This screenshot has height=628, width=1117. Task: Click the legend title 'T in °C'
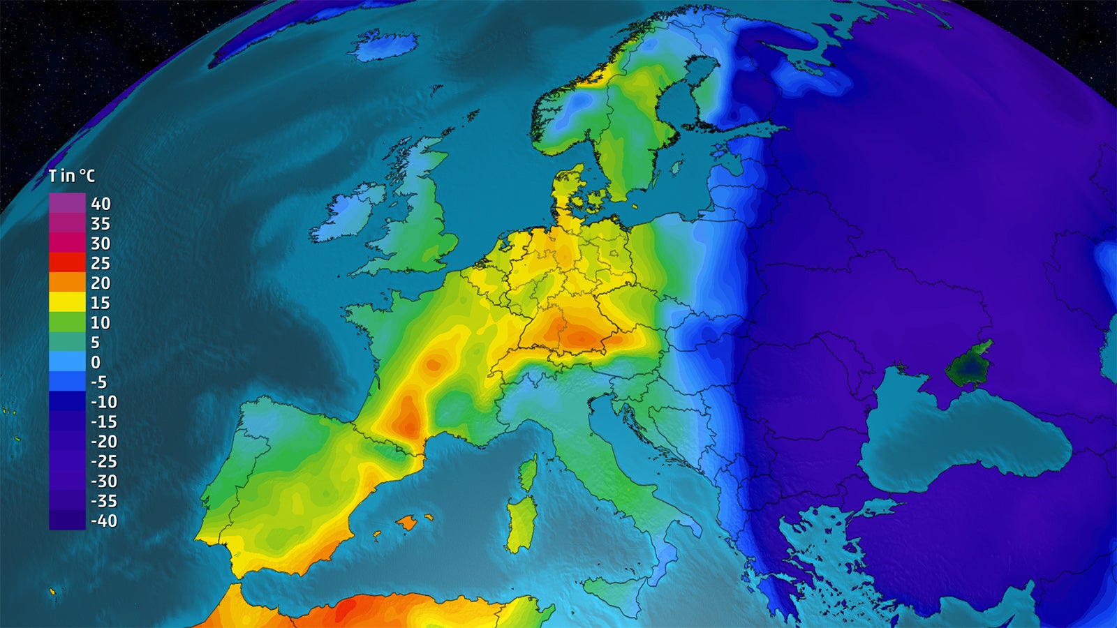(x=71, y=176)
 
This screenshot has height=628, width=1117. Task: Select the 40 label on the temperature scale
(x=101, y=204)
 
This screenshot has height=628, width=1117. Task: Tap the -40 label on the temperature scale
(x=104, y=521)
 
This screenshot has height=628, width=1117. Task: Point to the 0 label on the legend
(x=96, y=362)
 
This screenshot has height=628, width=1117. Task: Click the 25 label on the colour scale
(x=101, y=263)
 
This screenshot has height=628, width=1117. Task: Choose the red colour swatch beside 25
(x=67, y=262)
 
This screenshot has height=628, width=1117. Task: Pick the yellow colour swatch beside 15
(x=67, y=302)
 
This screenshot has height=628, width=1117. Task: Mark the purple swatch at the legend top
(x=67, y=203)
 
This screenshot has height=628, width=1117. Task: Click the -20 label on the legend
(x=104, y=442)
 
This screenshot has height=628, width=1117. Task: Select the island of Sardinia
(x=521, y=523)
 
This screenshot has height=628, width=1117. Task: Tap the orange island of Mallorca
(x=408, y=522)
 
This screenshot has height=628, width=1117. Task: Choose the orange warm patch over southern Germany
(x=576, y=335)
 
